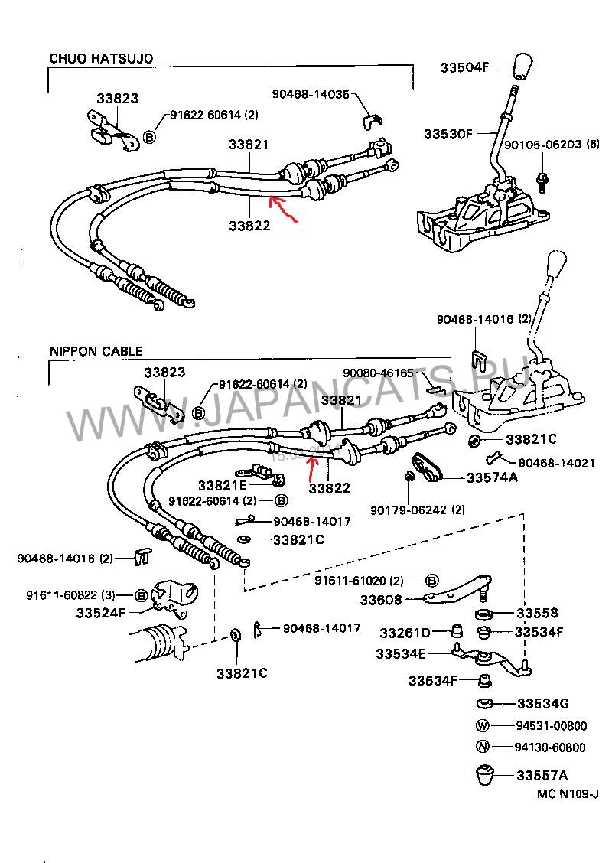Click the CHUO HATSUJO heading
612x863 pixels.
pyautogui.click(x=101, y=58)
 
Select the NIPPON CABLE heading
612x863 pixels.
pyautogui.click(x=96, y=352)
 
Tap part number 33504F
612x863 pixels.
pyautogui.click(x=464, y=67)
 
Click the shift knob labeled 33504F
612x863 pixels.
pyautogui.click(x=522, y=69)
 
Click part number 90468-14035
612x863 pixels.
pyautogui.click(x=310, y=94)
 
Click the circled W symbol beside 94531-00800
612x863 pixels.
pyautogui.click(x=481, y=725)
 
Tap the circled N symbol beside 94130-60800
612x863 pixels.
pyautogui.click(x=481, y=747)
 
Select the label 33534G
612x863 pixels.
pyautogui.click(x=542, y=703)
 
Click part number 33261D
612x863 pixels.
pyautogui.click(x=405, y=633)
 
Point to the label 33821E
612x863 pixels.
pyautogui.click(x=222, y=485)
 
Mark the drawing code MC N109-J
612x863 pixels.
pyautogui.click(x=567, y=794)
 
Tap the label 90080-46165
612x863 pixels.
pyautogui.click(x=378, y=373)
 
